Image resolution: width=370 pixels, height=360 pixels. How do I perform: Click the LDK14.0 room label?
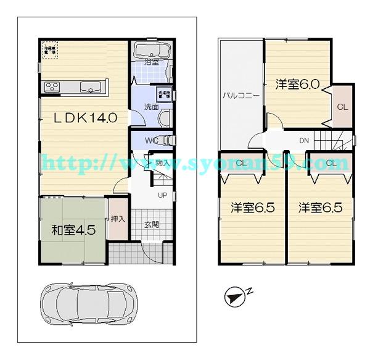pos(83,118)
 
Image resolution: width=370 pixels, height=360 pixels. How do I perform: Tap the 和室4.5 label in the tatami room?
pos(73,230)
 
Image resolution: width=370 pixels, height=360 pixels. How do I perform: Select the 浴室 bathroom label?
pos(152,62)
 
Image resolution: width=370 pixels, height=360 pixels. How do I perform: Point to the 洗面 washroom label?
pos(151,106)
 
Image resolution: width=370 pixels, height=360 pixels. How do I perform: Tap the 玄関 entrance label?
pos(152,224)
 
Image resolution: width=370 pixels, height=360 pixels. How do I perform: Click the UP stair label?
pos(163,196)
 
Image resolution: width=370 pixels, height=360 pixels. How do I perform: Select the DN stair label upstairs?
pos(303,141)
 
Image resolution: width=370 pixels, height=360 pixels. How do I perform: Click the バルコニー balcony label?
pos(240,97)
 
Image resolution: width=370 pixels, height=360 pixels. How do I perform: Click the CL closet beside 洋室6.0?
pos(343,107)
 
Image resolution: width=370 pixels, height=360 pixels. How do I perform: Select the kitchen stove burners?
pos(51,86)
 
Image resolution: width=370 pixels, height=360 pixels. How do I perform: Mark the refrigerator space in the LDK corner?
pos(49,49)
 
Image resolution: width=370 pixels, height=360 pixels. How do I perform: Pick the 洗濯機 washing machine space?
pos(165,95)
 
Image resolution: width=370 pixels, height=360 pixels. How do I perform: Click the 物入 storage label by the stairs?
pos(163,163)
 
